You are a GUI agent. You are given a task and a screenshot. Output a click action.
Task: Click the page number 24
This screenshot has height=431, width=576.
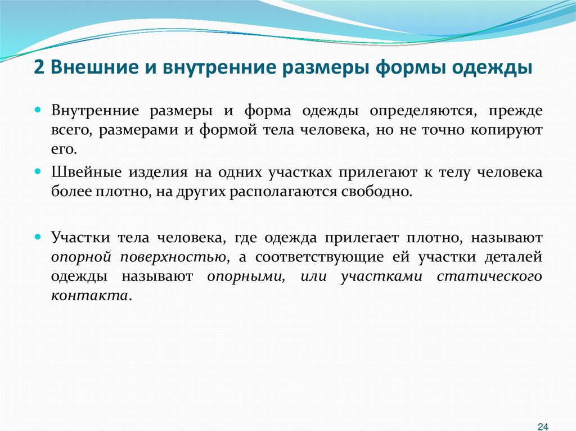tap(543, 425)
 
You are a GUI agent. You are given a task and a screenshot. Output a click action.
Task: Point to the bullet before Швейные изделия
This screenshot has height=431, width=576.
tap(39, 172)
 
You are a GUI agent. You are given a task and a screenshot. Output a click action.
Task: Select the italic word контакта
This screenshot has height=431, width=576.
tap(89, 296)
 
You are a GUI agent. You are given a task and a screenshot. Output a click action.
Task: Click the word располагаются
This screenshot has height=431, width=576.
tap(283, 192)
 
